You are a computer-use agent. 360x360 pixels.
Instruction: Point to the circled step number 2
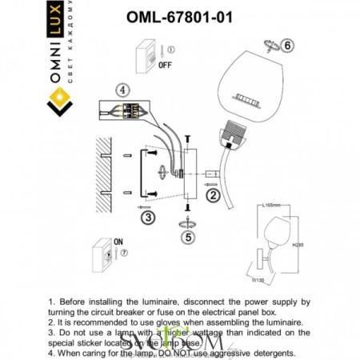[213, 194]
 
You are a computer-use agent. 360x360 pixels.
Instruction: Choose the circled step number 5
[188, 237]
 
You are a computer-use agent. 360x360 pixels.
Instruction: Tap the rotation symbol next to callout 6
[270, 46]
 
